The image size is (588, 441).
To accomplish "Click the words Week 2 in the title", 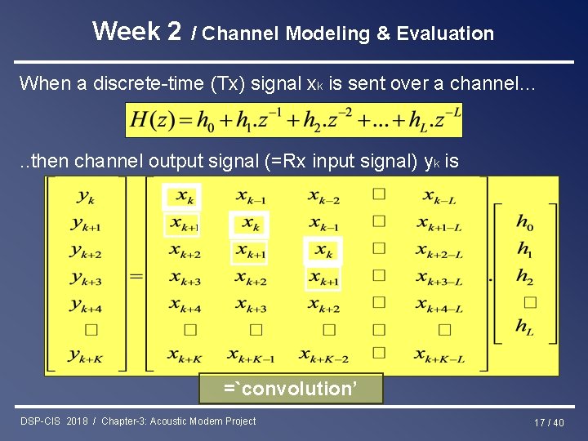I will [x=136, y=31].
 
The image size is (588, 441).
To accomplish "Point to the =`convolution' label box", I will [x=291, y=389].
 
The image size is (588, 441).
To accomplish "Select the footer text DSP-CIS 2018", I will [x=55, y=421].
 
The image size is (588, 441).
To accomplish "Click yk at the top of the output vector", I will [x=86, y=196].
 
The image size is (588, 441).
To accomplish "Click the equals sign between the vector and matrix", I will [x=136, y=276].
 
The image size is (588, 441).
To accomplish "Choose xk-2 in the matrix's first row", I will [x=324, y=197].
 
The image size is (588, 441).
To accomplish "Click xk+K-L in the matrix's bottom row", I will [x=439, y=355].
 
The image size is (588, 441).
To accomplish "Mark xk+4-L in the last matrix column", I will [x=439, y=305].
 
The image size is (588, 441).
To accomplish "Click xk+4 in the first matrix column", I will [x=185, y=305].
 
